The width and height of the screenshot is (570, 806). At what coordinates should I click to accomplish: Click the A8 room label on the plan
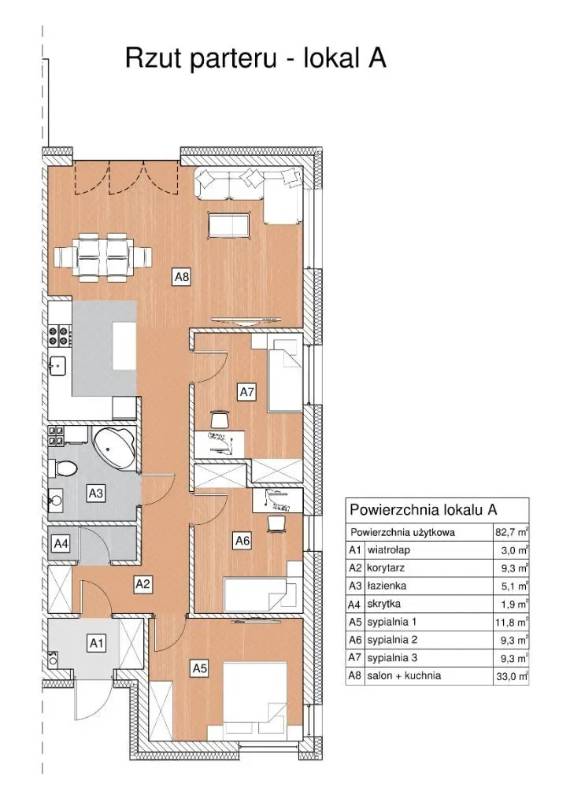point(181,277)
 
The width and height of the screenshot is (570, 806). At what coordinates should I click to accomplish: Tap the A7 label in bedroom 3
point(246,392)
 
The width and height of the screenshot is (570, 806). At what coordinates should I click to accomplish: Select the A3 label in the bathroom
point(95,494)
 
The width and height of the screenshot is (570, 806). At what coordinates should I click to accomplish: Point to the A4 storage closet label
point(61,543)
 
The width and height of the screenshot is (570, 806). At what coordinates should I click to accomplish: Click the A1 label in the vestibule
point(97,643)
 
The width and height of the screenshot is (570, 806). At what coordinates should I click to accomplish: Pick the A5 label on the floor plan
point(199,669)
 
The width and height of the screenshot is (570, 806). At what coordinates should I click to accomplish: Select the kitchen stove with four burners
point(60,335)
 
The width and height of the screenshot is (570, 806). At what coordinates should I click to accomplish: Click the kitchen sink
point(59,366)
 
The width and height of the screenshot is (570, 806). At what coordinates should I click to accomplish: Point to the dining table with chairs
point(103,257)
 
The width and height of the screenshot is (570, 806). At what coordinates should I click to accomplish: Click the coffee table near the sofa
point(229,226)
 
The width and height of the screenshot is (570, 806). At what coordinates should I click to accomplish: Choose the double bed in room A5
point(255,698)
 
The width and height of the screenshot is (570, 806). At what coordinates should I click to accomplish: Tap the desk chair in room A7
point(220,420)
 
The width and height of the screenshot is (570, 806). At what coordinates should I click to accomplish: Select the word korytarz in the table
point(386,568)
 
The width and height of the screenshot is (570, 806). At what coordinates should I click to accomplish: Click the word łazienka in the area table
point(387,586)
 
